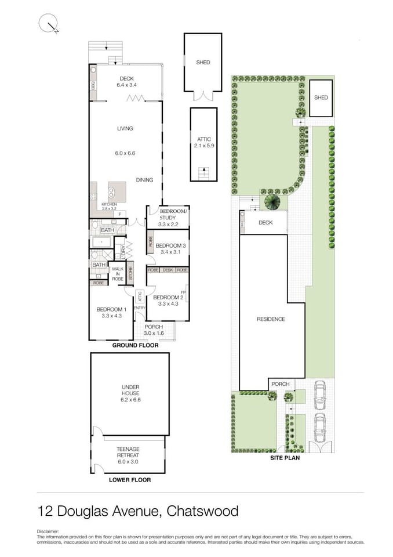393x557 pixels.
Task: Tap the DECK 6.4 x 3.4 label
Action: (126, 82)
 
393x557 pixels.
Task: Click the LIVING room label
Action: (125, 129)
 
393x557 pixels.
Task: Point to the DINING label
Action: (145, 180)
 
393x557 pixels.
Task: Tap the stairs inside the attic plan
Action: (203, 173)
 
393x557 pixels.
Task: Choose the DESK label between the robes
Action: (168, 270)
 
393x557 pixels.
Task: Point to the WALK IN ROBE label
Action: (118, 274)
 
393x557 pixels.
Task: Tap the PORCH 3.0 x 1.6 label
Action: (154, 330)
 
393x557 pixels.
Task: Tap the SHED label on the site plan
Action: (321, 97)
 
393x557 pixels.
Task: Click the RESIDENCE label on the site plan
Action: (271, 319)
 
